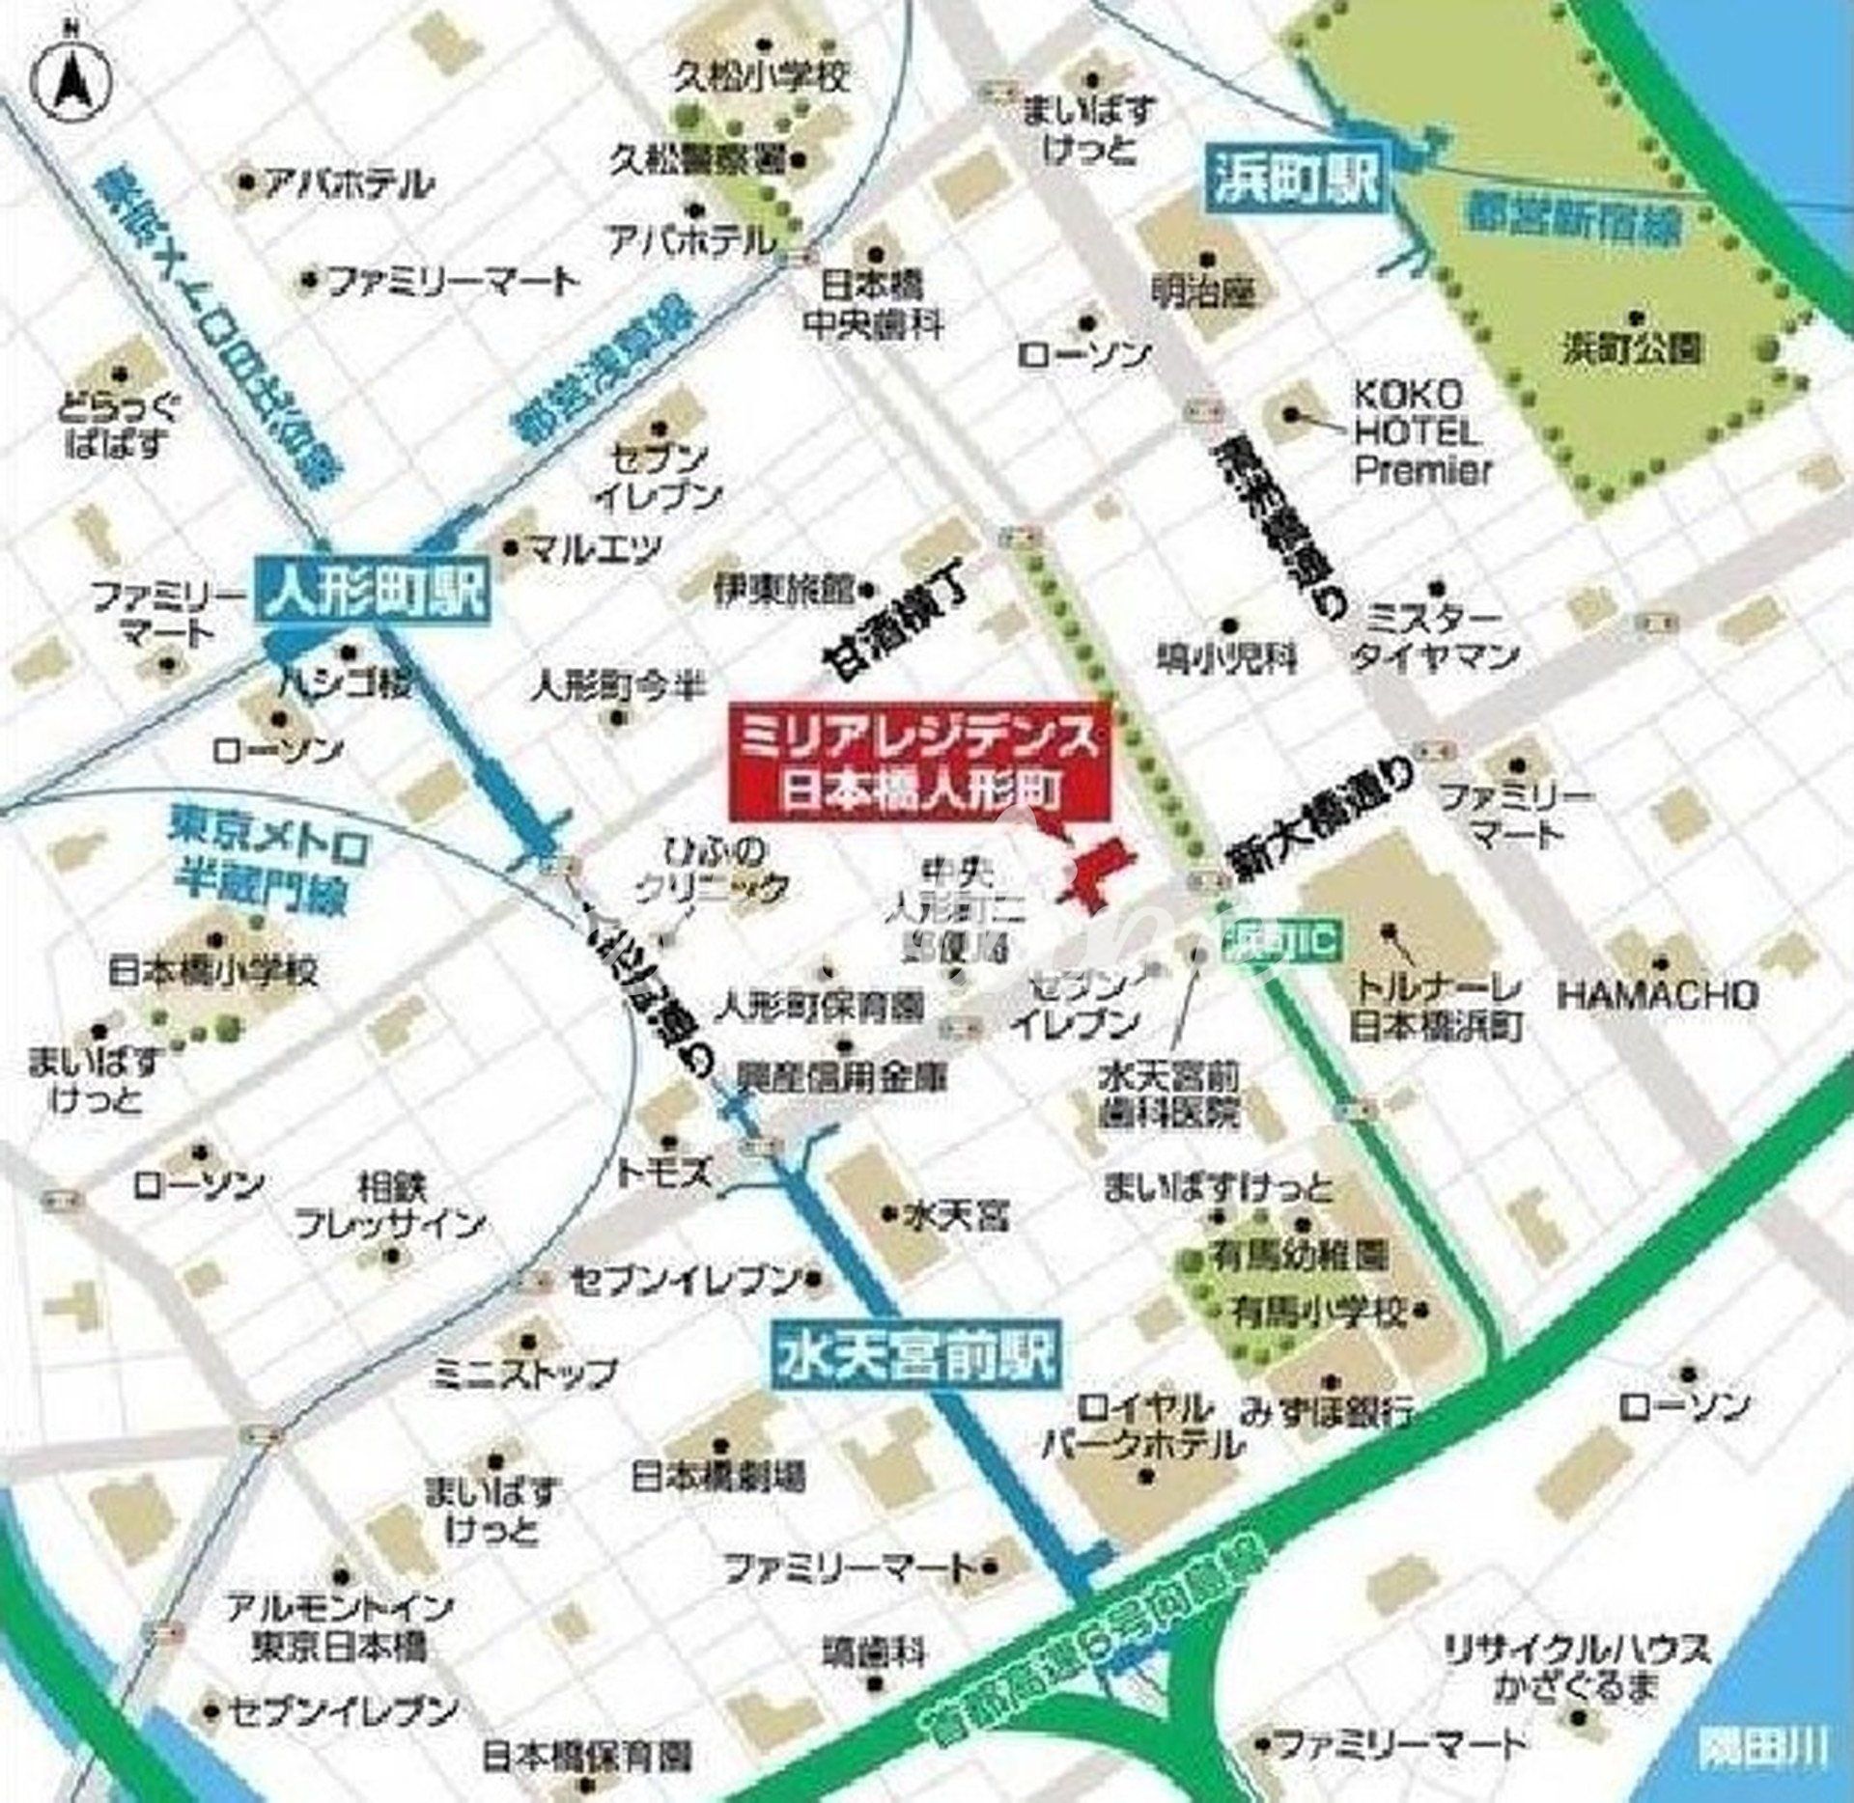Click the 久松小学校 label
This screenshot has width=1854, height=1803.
[x=762, y=76]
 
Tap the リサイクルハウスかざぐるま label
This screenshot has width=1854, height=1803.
[x=1575, y=1668]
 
